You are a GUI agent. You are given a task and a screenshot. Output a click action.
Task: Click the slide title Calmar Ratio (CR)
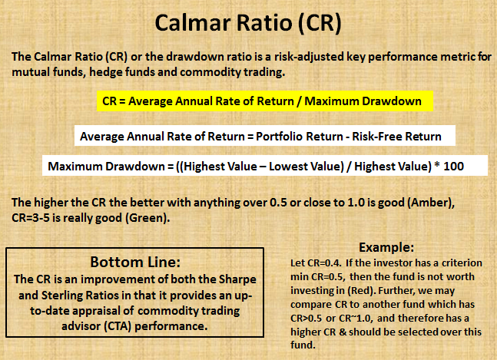tap(248, 24)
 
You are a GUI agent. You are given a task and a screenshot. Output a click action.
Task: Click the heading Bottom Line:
tap(134, 259)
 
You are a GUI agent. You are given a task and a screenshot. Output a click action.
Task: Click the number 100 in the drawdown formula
tap(454, 167)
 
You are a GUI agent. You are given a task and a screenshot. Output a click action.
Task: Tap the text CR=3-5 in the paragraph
tap(34, 217)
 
